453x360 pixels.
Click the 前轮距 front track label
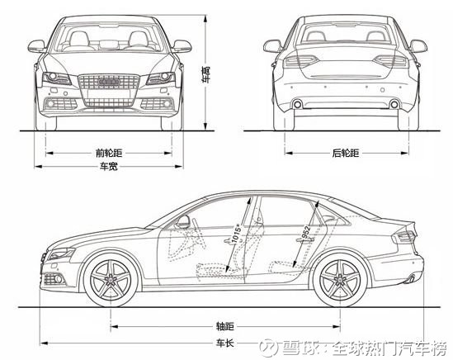click(109, 153)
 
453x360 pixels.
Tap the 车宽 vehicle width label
click(109, 167)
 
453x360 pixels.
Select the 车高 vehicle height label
click(206, 75)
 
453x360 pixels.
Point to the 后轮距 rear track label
click(346, 153)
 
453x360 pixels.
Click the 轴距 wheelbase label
click(225, 326)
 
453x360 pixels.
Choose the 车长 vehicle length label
click(225, 343)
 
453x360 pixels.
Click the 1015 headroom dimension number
click(236, 234)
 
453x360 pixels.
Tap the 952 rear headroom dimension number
click(305, 232)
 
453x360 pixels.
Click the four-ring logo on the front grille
click(109, 82)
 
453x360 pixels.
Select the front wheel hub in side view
click(111, 280)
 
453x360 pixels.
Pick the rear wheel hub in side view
click(340, 280)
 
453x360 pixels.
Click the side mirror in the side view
click(183, 221)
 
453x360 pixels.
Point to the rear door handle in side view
click(304, 239)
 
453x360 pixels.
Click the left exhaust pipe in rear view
click(297, 104)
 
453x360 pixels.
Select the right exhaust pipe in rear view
click(394, 104)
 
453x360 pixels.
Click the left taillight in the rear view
click(301, 61)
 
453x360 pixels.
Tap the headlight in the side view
click(61, 253)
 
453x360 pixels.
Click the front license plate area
click(109, 94)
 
